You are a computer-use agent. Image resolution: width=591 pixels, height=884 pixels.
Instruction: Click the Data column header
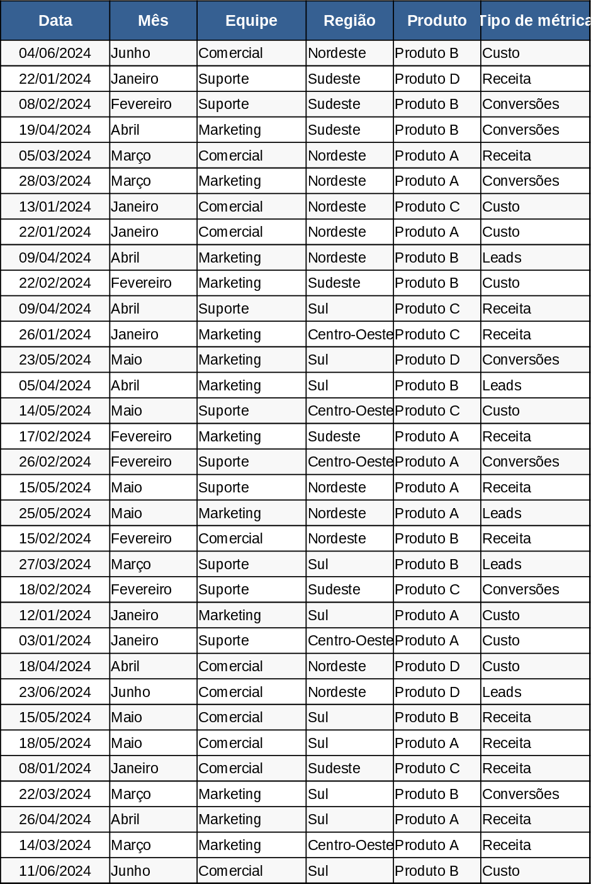click(55, 21)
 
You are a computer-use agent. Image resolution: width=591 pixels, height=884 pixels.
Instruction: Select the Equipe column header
click(251, 21)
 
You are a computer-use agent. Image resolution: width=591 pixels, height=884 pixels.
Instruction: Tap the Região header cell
click(349, 21)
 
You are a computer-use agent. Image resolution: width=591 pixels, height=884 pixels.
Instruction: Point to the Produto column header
click(437, 21)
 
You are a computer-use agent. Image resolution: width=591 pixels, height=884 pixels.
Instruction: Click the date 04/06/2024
click(55, 54)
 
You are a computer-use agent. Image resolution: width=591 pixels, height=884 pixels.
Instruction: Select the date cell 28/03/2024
click(55, 181)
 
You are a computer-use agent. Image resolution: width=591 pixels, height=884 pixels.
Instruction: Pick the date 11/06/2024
click(55, 871)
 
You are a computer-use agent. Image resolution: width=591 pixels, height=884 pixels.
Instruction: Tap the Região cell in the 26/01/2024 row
click(350, 335)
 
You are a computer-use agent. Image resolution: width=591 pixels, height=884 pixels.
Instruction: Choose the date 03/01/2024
click(55, 641)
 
